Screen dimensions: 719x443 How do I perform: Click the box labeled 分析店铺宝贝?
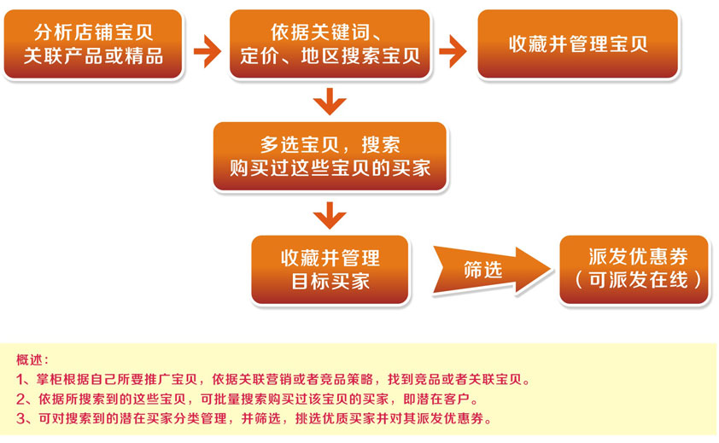point(93,44)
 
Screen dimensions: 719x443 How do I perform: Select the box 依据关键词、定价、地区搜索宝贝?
point(330,44)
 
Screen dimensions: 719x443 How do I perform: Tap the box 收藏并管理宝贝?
point(578,44)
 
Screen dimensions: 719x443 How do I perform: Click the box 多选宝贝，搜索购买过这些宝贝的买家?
point(330,156)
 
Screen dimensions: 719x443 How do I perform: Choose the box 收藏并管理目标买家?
point(330,270)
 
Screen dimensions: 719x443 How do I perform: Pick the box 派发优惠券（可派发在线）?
point(634,270)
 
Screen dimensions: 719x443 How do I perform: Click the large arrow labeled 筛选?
point(491,270)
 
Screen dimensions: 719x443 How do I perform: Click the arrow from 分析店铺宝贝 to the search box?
point(208,51)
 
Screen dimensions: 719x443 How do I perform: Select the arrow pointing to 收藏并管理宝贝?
point(453,51)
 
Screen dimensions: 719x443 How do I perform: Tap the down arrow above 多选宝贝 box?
point(330,102)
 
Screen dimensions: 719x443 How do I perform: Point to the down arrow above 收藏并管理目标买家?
point(330,215)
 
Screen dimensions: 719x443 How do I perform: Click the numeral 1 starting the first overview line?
point(20,380)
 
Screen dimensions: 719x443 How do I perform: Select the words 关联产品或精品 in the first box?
point(93,56)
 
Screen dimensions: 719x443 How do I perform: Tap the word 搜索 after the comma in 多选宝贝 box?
point(381,144)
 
